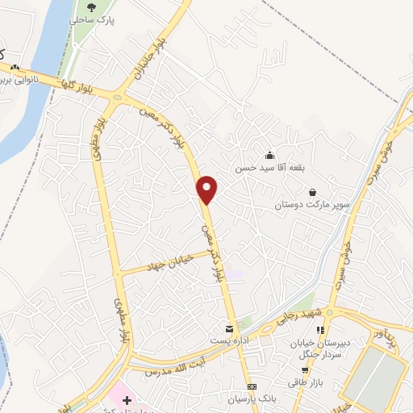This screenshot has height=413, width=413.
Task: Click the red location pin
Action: coord(208,190)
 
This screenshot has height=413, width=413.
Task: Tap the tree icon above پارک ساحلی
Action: coord(90,7)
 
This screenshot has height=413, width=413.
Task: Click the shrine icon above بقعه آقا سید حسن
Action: coord(269,156)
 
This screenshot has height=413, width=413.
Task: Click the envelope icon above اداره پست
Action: coord(230,329)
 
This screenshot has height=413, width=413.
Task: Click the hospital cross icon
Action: coord(127,399)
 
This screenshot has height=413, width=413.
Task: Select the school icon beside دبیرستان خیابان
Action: coord(320,330)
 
